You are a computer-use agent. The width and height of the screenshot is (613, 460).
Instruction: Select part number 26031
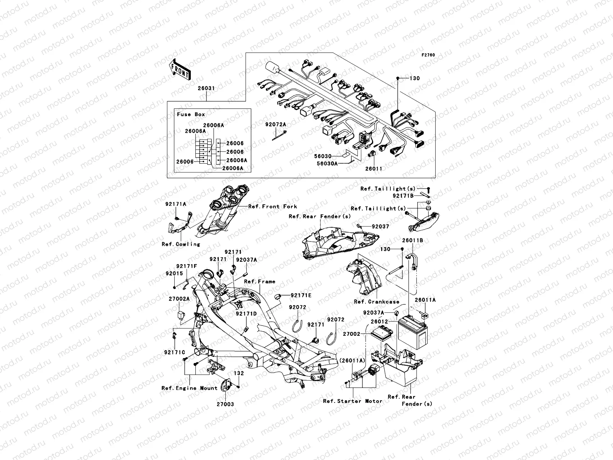point(206,88)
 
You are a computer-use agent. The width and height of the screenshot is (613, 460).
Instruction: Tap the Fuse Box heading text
point(191,114)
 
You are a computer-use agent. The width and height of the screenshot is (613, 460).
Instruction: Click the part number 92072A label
point(276,125)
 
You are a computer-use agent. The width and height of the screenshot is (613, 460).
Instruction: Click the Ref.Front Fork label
point(272,207)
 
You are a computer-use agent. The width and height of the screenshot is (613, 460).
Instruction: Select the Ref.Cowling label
point(180,244)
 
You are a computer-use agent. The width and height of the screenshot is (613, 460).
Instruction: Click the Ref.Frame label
point(259,281)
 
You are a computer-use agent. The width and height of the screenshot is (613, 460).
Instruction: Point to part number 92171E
point(301,295)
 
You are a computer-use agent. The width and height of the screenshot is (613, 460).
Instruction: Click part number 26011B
point(412,241)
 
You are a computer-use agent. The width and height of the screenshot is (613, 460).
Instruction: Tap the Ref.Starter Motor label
point(352,401)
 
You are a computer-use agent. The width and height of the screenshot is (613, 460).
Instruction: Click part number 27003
point(225,404)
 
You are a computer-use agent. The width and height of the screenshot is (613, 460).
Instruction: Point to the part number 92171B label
point(403,195)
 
